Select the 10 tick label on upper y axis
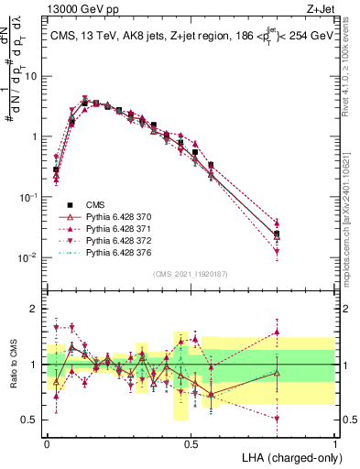(x=30, y=76)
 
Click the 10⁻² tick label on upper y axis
(x=27, y=257)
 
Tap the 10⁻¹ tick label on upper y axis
(x=27, y=197)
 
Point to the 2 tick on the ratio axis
(x=34, y=309)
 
